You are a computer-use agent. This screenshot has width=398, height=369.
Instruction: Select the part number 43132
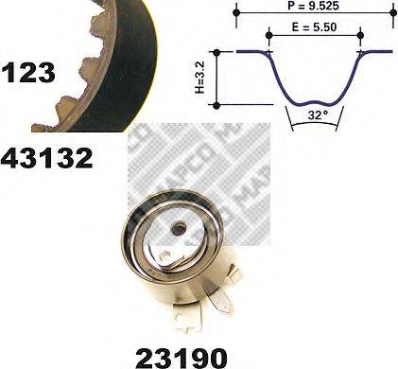click(x=47, y=157)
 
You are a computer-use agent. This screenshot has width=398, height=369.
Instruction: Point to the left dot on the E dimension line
click(x=268, y=36)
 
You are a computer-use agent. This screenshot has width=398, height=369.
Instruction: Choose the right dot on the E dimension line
click(x=360, y=36)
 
